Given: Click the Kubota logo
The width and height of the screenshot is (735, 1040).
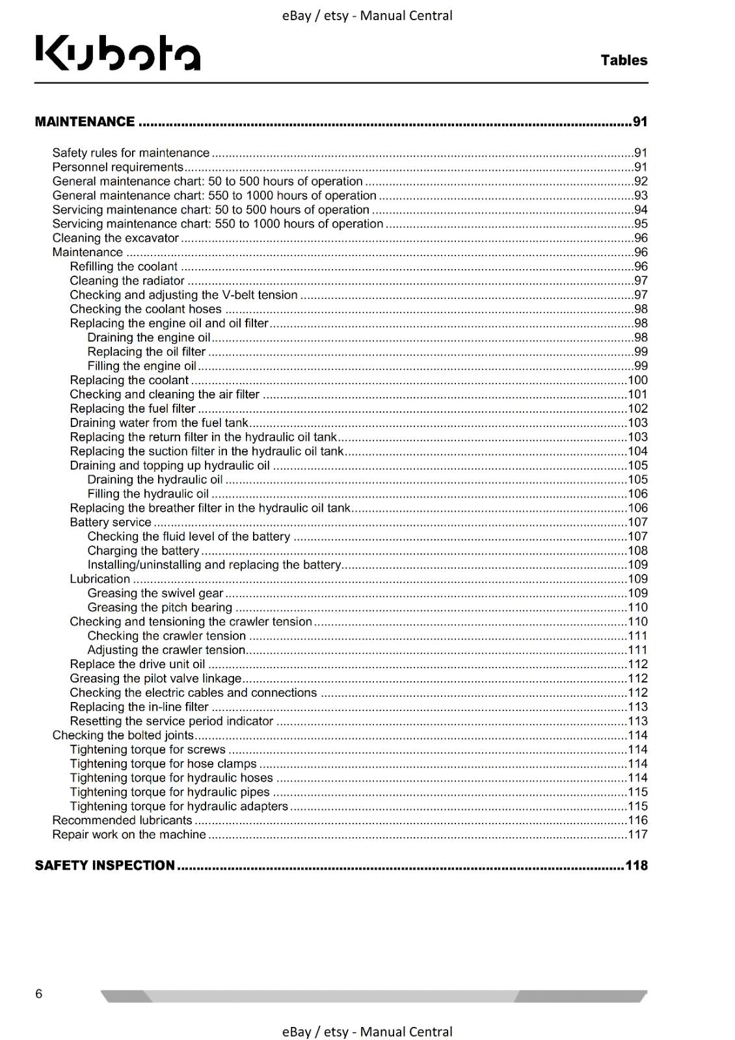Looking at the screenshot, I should tap(118, 53).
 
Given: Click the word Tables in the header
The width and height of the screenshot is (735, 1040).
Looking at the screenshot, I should tap(624, 60).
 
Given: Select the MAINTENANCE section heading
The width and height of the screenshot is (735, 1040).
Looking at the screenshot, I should tap(85, 122).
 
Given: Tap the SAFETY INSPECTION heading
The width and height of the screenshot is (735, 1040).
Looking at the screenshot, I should tap(105, 865).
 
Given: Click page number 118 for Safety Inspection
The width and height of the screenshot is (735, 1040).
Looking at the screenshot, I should tap(636, 865).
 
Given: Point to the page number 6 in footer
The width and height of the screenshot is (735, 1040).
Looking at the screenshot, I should tap(39, 993).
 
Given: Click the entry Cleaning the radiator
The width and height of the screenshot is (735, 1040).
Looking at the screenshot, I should tap(127, 281).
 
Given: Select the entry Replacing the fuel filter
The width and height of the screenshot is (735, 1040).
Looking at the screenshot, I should tap(133, 408).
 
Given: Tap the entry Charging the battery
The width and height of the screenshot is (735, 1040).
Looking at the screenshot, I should tap(143, 551).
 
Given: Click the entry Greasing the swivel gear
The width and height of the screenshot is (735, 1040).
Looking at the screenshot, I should tap(155, 593).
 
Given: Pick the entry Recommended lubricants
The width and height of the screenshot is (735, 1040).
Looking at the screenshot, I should tap(122, 820).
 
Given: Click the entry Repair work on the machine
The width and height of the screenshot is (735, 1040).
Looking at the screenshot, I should tap(129, 835).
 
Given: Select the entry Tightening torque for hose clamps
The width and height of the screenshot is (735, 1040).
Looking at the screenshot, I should tap(163, 764).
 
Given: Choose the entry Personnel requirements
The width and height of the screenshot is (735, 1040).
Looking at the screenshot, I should tap(118, 167).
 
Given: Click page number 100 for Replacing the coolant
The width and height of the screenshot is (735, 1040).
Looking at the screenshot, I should tap(637, 380).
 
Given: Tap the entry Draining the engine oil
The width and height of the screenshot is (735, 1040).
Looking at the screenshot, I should tap(149, 337).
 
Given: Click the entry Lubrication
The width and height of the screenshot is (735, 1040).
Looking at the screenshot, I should tap(100, 579).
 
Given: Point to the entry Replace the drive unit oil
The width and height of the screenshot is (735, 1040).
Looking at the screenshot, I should tap(137, 664).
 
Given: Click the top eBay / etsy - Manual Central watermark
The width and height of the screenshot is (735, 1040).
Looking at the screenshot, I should tap(367, 16).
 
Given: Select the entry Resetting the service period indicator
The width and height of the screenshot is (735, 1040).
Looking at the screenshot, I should tap(172, 721).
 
